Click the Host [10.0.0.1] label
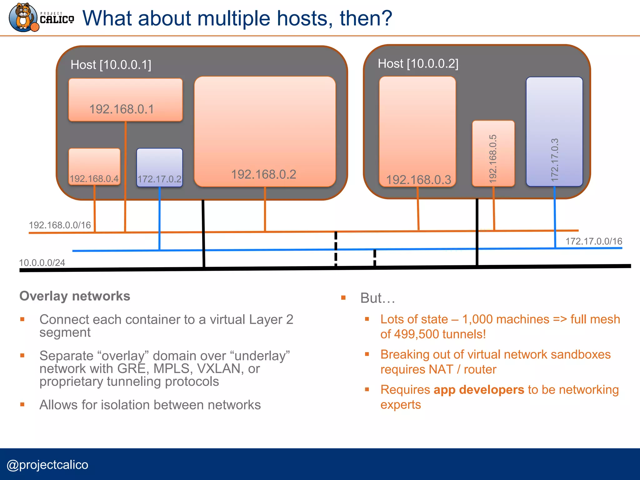pyautogui.click(x=111, y=65)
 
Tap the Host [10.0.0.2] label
pyautogui.click(x=418, y=63)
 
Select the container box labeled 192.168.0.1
pyautogui.click(x=125, y=100)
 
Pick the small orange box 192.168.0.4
pyautogui.click(x=94, y=167)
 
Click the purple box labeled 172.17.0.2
pyautogui.click(x=159, y=167)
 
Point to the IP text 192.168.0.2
pyautogui.click(x=263, y=174)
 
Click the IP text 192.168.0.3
pyautogui.click(x=418, y=180)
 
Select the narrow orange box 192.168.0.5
pyautogui.click(x=493, y=153)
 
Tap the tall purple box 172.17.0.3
pyautogui.click(x=554, y=132)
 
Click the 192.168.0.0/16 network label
pyautogui.click(x=60, y=225)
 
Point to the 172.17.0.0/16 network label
pyautogui.click(x=594, y=241)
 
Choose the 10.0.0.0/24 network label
pyautogui.click(x=42, y=262)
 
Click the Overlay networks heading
pyautogui.click(x=75, y=296)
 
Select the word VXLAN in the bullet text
pyautogui.click(x=220, y=369)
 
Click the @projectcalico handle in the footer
pyautogui.click(x=47, y=465)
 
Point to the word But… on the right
pyautogui.click(x=377, y=298)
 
